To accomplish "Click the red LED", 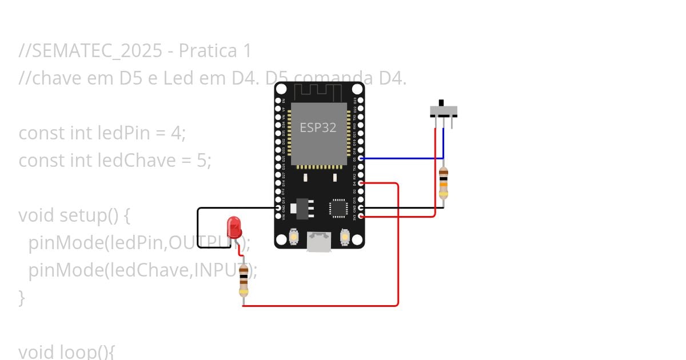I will [x=234, y=227].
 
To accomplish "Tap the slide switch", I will [x=443, y=111].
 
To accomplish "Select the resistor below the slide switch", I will [x=444, y=182].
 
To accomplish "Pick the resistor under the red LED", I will [x=244, y=280].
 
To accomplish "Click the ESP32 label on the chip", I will [x=318, y=127].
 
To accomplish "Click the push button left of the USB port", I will [x=294, y=236].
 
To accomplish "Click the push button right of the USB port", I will [x=344, y=236].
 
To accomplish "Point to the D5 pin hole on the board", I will [x=361, y=158].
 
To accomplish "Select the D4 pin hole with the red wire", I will [x=361, y=183].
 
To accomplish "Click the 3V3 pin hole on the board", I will [x=361, y=217].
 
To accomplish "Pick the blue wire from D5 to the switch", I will [x=400, y=158].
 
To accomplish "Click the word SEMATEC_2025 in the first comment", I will [x=97, y=51].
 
